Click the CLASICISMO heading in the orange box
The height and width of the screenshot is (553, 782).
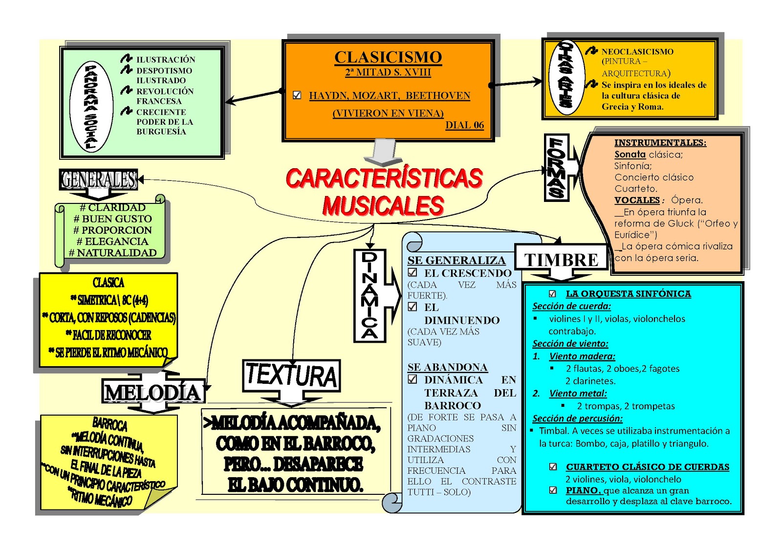tap(388, 57)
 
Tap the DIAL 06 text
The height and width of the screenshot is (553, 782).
tap(464, 125)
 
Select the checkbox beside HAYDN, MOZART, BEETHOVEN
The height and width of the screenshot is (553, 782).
tap(297, 95)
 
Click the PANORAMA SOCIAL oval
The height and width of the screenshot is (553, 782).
tap(91, 107)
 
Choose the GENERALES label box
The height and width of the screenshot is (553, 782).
tap(99, 180)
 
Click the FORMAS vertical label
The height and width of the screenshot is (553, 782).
tap(557, 168)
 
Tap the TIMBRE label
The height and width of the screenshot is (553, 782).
tap(561, 260)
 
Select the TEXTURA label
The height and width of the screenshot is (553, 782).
tap(291, 376)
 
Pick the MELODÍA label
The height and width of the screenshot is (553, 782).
tap(153, 393)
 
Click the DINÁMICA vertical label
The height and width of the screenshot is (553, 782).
tap(369, 295)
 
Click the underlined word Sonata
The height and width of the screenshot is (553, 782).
tap(630, 155)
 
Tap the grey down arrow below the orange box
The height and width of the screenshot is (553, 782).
tap(383, 152)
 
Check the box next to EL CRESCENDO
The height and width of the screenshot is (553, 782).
tap(413, 273)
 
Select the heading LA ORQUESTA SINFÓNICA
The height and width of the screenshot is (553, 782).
tap(628, 294)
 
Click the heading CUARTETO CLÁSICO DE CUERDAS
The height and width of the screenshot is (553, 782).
tap(647, 467)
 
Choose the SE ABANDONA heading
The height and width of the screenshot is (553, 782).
tap(447, 367)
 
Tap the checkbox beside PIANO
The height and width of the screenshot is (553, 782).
tap(553, 490)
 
